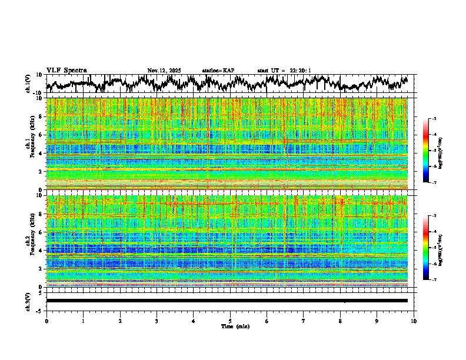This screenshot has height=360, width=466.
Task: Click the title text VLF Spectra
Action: pyautogui.click(x=66, y=70)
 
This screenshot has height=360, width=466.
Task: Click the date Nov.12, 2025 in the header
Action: pyautogui.click(x=164, y=71)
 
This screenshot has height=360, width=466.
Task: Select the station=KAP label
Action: pyautogui.click(x=218, y=71)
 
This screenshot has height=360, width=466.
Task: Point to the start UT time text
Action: pyautogui.click(x=284, y=71)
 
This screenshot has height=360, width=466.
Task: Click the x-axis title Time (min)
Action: pyautogui.click(x=230, y=326)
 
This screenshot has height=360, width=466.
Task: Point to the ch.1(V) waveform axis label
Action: pyautogui.click(x=29, y=84)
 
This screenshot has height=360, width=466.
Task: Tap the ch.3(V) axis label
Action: pyautogui.click(x=29, y=300)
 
